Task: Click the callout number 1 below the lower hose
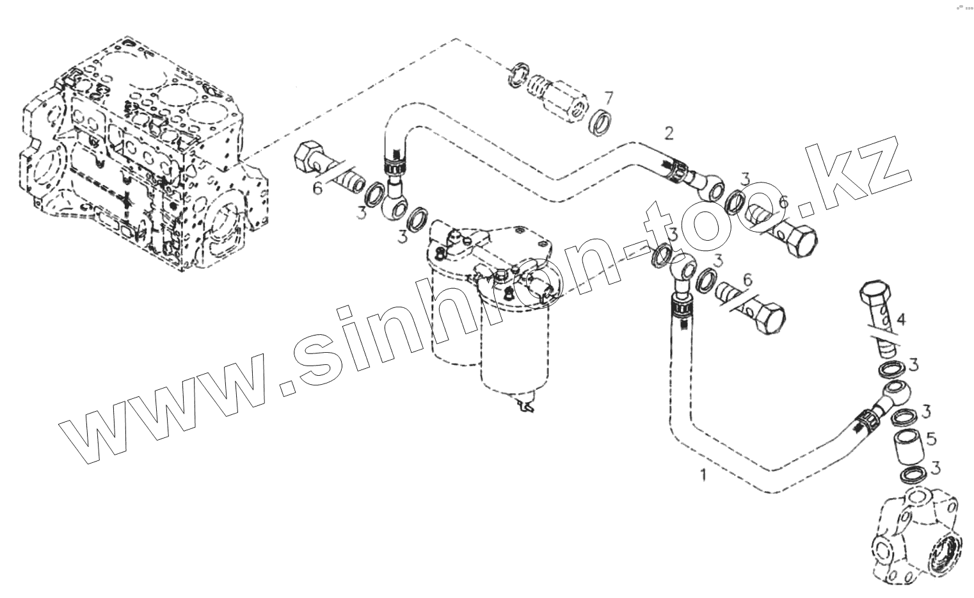tap(704, 475)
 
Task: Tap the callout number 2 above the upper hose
tap(669, 134)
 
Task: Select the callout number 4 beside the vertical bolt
tap(900, 319)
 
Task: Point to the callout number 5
tap(930, 439)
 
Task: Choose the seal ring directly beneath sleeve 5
tap(911, 476)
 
